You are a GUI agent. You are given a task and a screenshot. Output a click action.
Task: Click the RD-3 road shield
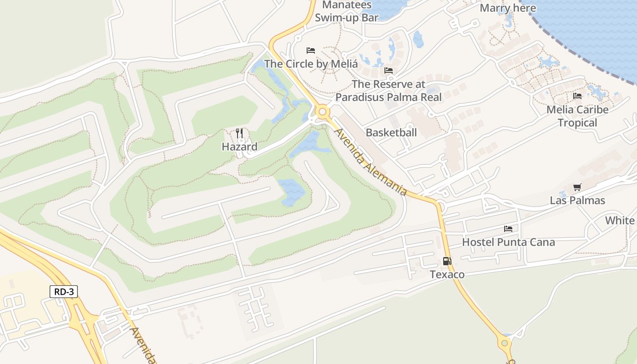pos(64,292)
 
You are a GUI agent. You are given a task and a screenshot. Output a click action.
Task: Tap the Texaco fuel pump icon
pos(447,261)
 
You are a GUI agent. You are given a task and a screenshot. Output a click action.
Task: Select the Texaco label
pos(447,274)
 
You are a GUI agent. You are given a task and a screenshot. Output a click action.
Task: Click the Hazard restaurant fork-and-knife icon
pos(239,133)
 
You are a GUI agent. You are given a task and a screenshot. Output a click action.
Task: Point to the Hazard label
pos(239,147)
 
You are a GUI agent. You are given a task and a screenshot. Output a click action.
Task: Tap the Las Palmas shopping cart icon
pos(577,187)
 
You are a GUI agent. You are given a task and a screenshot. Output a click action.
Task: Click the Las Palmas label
pos(577,200)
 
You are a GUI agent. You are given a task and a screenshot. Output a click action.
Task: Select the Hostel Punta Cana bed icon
pos(508,228)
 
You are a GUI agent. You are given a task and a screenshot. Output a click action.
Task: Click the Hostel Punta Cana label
pos(508,242)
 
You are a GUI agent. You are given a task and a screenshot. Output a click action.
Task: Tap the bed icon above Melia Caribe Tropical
pos(577,96)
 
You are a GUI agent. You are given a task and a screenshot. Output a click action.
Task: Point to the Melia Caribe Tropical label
pos(577,116)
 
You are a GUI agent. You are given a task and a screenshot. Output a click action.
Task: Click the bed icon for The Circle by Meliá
pos(311,50)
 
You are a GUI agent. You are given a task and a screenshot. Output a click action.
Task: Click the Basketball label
pos(391,132)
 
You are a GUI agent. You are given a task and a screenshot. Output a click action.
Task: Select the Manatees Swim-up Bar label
pos(347,11)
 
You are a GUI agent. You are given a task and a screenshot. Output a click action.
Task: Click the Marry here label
pos(508,8)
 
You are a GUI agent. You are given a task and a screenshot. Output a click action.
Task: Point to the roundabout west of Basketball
pos(323,111)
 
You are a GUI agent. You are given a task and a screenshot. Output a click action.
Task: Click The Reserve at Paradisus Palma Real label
pos(389,91)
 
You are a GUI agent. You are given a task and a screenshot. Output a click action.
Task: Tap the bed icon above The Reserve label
pos(389,71)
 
